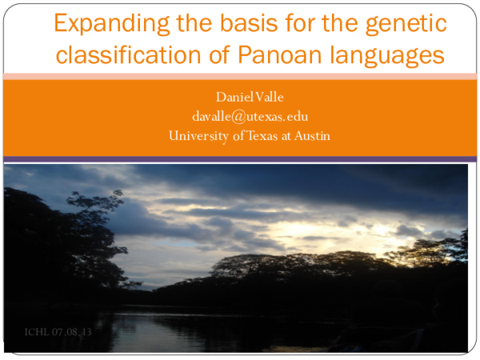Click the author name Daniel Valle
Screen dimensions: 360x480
coord(250,98)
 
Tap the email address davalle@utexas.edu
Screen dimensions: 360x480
coord(250,117)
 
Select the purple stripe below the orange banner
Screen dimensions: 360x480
coord(240,159)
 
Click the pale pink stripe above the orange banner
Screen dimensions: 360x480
coord(240,76)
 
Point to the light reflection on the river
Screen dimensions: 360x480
coord(200,328)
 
